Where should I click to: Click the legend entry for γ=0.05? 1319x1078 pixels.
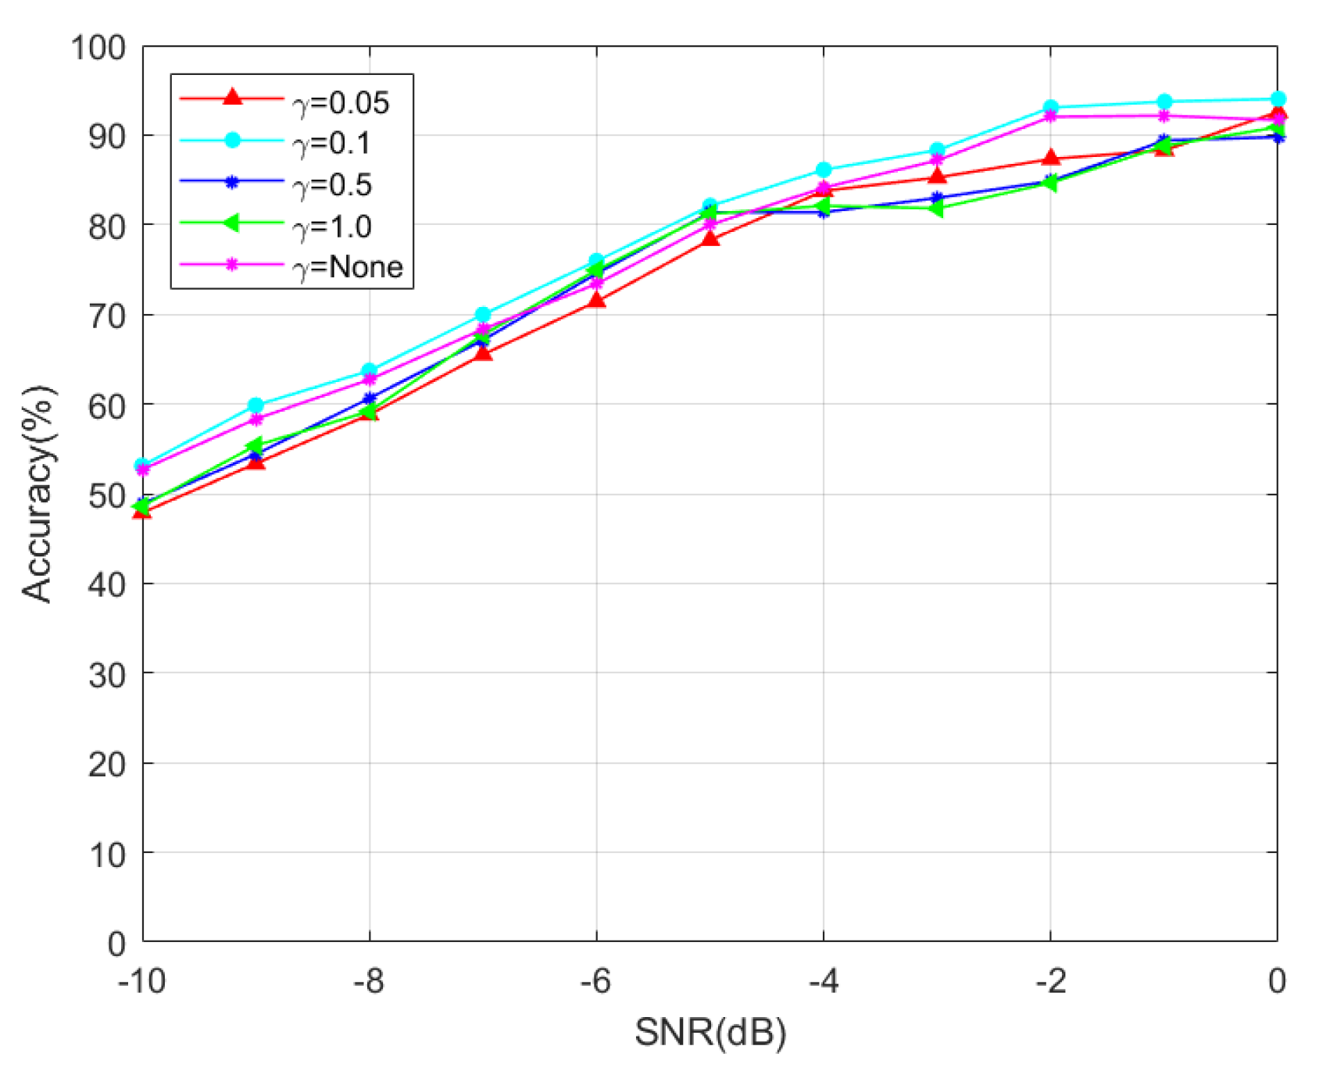pyautogui.click(x=341, y=102)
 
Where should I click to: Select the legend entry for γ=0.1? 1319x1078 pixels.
pyautogui.click(x=332, y=144)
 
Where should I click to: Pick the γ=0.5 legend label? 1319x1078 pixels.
pyautogui.click(x=332, y=185)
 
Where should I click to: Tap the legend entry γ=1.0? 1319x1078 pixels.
pyautogui.click(x=332, y=227)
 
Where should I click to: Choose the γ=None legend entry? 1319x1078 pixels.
pyautogui.click(x=348, y=267)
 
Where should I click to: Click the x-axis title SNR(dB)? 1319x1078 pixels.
pyautogui.click(x=710, y=1032)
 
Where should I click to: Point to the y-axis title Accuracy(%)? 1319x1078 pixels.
pyautogui.click(x=38, y=494)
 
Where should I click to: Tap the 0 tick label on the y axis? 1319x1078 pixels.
pyautogui.click(x=116, y=944)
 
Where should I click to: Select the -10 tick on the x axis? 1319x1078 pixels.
pyautogui.click(x=142, y=981)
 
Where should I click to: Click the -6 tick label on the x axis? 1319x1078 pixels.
pyautogui.click(x=595, y=981)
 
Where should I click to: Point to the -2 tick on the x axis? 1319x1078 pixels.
pyautogui.click(x=1050, y=981)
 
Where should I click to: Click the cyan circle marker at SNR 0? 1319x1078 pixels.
pyautogui.click(x=1278, y=99)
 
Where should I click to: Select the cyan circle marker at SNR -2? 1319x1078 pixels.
pyautogui.click(x=1050, y=108)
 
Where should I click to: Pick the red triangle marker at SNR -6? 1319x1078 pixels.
pyautogui.click(x=596, y=300)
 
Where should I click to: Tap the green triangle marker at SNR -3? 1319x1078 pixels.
pyautogui.click(x=936, y=209)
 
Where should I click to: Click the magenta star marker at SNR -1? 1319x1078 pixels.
pyautogui.click(x=1164, y=116)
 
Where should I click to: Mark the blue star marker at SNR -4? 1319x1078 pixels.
pyautogui.click(x=823, y=212)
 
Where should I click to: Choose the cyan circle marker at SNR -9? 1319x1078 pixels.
pyautogui.click(x=256, y=405)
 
